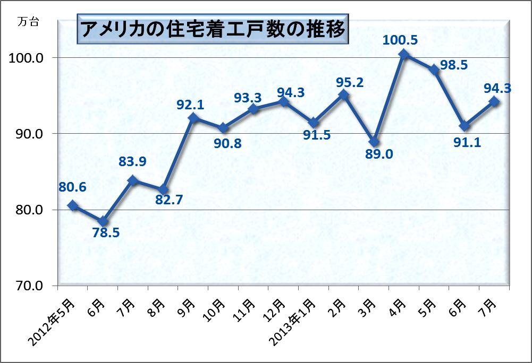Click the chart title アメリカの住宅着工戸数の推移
(212, 27)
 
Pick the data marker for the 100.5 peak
(404, 54)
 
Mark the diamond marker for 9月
(193, 118)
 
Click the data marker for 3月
(374, 142)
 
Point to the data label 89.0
(379, 154)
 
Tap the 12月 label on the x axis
(277, 308)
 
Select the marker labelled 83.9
(133, 180)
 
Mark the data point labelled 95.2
(344, 96)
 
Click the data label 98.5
(453, 65)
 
